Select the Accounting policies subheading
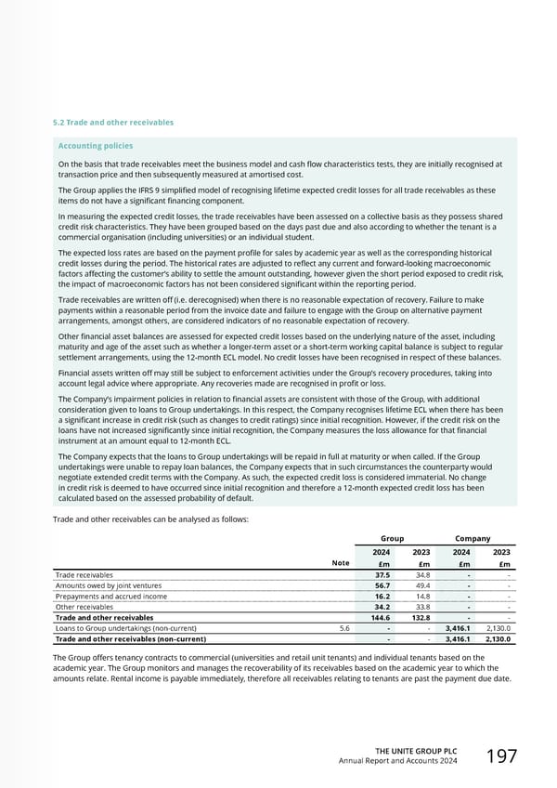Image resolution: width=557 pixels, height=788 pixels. tap(96, 146)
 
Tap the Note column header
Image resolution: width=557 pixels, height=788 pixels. tap(340, 562)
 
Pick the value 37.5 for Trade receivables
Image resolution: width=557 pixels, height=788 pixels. tap(381, 575)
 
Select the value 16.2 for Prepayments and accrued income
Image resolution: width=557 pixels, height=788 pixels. tap(381, 598)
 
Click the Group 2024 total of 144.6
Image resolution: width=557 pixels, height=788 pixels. tap(379, 617)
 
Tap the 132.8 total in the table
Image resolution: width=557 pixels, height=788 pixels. tap(421, 617)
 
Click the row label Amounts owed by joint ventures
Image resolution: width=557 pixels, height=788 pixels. tap(109, 586)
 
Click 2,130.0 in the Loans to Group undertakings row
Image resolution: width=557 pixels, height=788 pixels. tap(498, 628)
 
